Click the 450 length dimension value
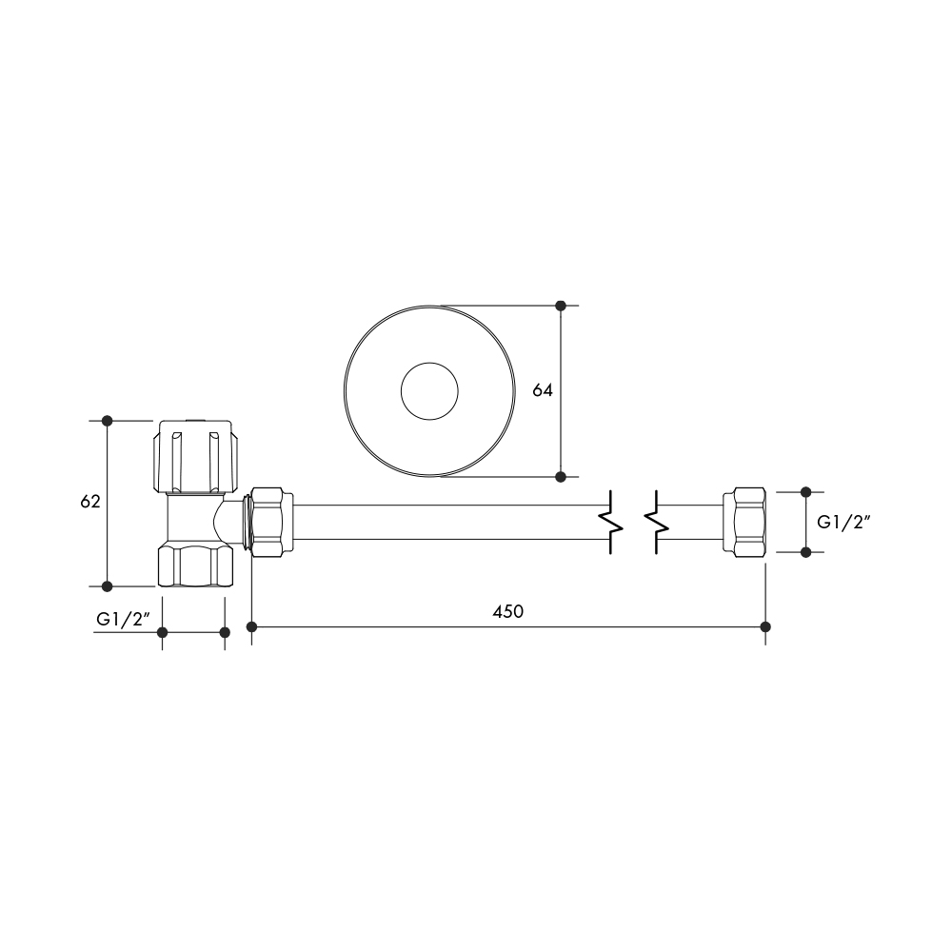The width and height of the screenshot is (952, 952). [x=507, y=612]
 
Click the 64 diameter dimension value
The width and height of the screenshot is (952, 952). [x=543, y=390]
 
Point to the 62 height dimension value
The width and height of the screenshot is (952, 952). [x=90, y=502]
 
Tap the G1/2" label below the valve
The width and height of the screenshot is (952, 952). [x=124, y=619]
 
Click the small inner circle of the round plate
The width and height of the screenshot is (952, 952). [x=428, y=390]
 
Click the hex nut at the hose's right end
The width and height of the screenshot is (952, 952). [x=744, y=522]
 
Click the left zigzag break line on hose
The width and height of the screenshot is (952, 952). [x=609, y=522]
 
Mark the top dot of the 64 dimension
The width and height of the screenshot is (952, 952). [x=561, y=306]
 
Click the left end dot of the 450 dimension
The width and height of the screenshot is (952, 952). [x=252, y=626]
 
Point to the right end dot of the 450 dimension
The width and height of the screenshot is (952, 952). [x=766, y=626]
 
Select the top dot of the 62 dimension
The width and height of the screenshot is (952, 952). [x=107, y=420]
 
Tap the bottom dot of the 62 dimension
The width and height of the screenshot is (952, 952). [x=107, y=585]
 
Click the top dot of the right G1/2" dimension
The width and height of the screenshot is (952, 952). [x=805, y=492]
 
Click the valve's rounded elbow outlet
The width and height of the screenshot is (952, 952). [x=228, y=519]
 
